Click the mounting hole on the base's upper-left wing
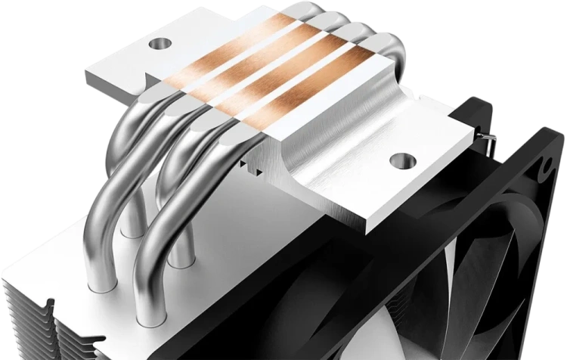tap(159, 45)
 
